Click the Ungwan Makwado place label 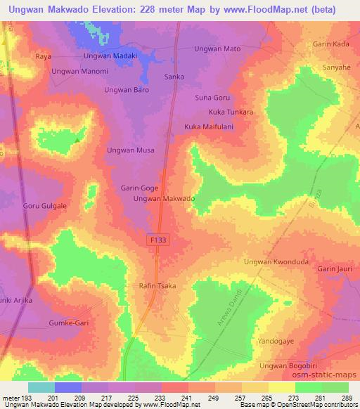164,200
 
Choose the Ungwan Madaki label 110,56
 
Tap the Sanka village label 174,76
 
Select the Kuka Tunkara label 231,112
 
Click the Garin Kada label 331,44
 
